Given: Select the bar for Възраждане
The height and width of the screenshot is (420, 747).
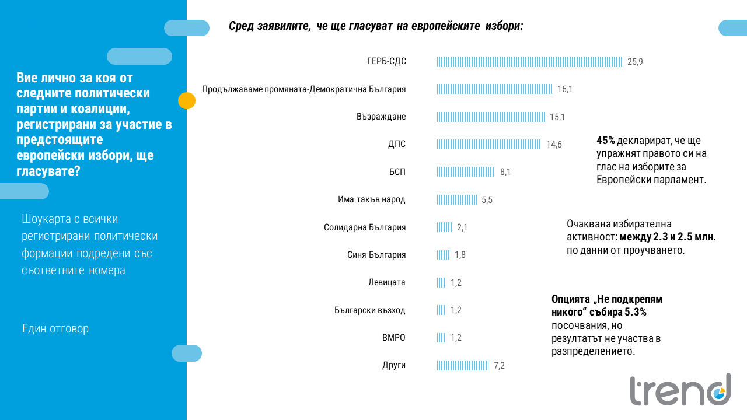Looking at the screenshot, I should coord(491,117).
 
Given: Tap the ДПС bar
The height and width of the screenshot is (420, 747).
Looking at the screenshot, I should coord(489,144).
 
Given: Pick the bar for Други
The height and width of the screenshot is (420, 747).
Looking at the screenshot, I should coord(463,366).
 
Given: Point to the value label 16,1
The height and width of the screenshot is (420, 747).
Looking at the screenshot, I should coord(565,89).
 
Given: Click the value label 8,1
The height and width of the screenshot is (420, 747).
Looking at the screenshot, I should coord(505,172).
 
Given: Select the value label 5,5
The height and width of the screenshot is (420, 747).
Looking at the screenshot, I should coord(487,200).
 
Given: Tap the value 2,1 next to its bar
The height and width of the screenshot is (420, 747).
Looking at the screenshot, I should coord(462,228).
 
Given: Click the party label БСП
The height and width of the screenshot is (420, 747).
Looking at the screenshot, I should coord(397,172).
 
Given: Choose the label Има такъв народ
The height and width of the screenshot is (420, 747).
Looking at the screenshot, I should coord(371,199).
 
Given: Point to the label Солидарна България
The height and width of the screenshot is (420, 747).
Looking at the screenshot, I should coord(365,228).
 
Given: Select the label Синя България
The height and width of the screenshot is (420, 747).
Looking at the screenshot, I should coord(372,255).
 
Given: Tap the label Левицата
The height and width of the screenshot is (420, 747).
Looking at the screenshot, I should coord(386,282).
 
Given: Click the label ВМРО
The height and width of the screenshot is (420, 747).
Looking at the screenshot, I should coord(393,338).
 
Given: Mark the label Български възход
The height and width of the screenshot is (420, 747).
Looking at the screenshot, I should coord(369,310).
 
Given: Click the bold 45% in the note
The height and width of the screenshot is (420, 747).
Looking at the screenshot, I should coord(606,141).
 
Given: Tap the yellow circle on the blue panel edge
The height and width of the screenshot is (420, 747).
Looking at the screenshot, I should coord(186,101).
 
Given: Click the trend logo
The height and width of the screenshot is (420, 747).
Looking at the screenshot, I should coord(680,389).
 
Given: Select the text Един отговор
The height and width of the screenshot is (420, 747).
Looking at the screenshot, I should coord(55,328).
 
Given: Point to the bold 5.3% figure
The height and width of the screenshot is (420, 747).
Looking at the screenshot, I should coord(635,312).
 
